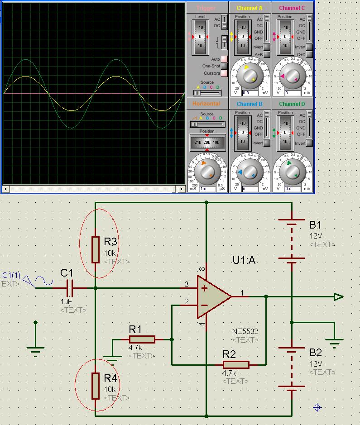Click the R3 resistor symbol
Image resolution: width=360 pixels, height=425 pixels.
coord(95,249)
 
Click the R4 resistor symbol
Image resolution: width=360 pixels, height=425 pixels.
coord(95,386)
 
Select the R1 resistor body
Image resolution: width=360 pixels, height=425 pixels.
coord(142,339)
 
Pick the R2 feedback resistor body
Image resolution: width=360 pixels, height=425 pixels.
coord(236,364)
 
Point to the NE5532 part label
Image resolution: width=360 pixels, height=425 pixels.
coord(245,331)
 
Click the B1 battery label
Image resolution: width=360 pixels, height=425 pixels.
coord(315,225)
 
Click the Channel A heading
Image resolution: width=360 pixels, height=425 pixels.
coord(249,8)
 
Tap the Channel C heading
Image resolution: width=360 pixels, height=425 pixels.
coord(292,8)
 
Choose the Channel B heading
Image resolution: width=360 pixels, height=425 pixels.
coord(249,104)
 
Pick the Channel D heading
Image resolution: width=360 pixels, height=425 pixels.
coord(292,104)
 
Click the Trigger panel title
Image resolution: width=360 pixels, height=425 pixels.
coord(206,8)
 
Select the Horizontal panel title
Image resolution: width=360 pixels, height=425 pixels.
coord(206,104)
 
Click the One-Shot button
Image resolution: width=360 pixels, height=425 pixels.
coord(224,66)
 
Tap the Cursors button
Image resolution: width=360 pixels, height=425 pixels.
coord(224,73)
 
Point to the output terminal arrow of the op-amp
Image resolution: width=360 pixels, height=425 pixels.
coord(338,297)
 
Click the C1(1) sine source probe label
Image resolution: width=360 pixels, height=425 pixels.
coord(11,275)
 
